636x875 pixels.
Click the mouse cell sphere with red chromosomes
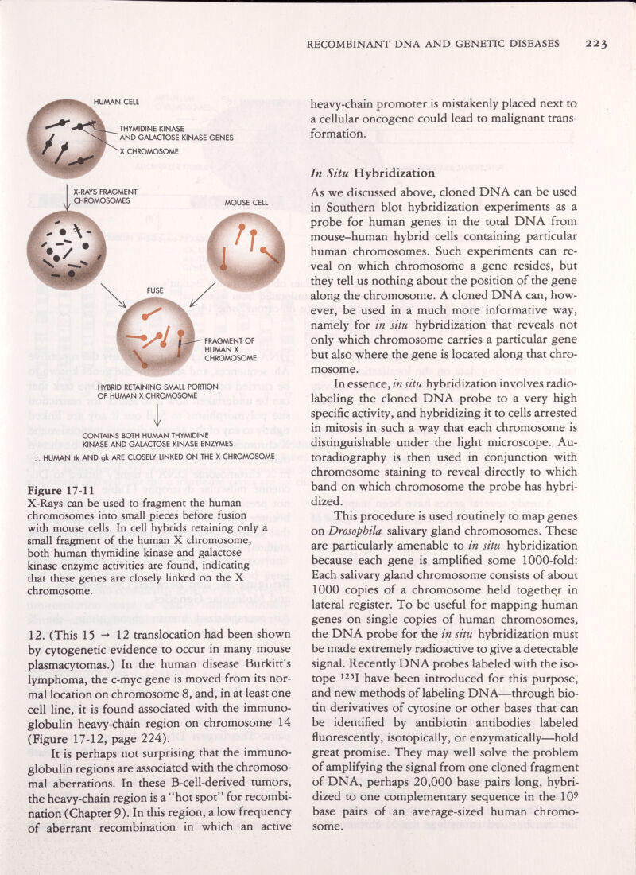coord(245,252)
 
